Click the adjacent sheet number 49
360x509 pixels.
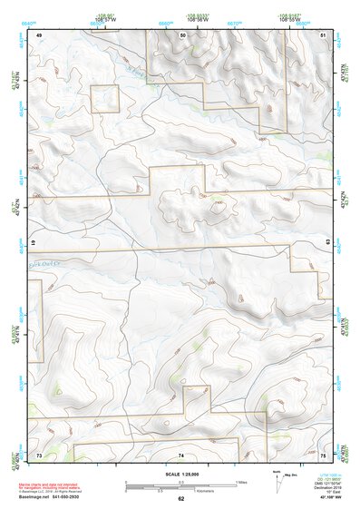tap(39, 34)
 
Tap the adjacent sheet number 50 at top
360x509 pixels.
tap(182, 34)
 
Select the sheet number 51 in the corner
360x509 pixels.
tap(325, 34)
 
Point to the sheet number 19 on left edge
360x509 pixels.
tap(34, 243)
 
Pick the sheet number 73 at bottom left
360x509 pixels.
tap(38, 454)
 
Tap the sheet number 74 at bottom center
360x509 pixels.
tap(181, 454)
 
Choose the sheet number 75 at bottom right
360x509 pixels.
tap(325, 454)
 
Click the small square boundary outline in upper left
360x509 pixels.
tap(104, 99)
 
